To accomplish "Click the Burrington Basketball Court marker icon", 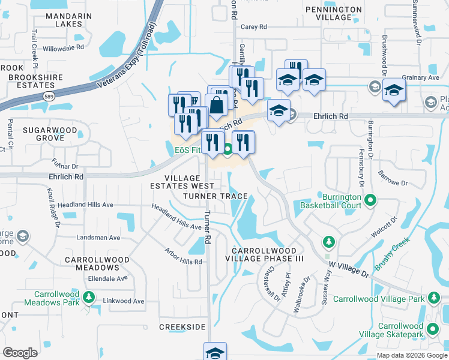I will (x=371, y=200).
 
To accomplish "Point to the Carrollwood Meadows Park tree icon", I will (x=89, y=297).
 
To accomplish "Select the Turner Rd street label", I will (x=207, y=227).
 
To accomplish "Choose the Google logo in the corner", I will (x=20, y=353).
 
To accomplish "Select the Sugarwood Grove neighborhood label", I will (x=44, y=134).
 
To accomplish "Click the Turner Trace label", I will (x=215, y=196).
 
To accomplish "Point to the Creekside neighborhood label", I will (x=182, y=327).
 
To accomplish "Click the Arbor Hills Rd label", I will (x=182, y=257).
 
